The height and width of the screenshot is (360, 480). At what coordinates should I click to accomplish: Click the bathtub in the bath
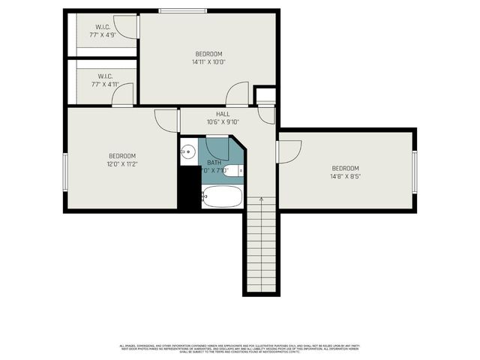point(222,197)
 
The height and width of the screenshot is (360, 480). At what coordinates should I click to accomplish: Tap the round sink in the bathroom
point(187,152)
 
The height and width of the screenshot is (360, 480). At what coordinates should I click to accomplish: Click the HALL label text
point(223,114)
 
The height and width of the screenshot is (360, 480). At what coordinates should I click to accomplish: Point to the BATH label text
point(214,163)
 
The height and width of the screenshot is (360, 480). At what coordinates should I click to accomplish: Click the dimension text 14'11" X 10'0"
point(208,62)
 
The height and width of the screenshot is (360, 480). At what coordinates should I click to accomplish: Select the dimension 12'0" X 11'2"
point(121,163)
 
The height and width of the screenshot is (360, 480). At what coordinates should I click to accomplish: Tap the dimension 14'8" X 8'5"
point(345,177)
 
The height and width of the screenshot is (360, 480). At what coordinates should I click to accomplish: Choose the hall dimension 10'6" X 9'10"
point(223,122)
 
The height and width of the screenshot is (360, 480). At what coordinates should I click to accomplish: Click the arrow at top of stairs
point(261,200)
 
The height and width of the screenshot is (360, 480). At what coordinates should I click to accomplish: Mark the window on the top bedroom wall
point(183,10)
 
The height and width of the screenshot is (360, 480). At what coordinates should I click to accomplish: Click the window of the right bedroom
point(414,172)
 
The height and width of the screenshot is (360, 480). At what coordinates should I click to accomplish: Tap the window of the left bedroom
point(65,172)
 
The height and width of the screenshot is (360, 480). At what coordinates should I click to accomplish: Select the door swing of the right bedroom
point(289,148)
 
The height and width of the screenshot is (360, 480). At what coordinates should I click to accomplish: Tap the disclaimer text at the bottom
point(239,349)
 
